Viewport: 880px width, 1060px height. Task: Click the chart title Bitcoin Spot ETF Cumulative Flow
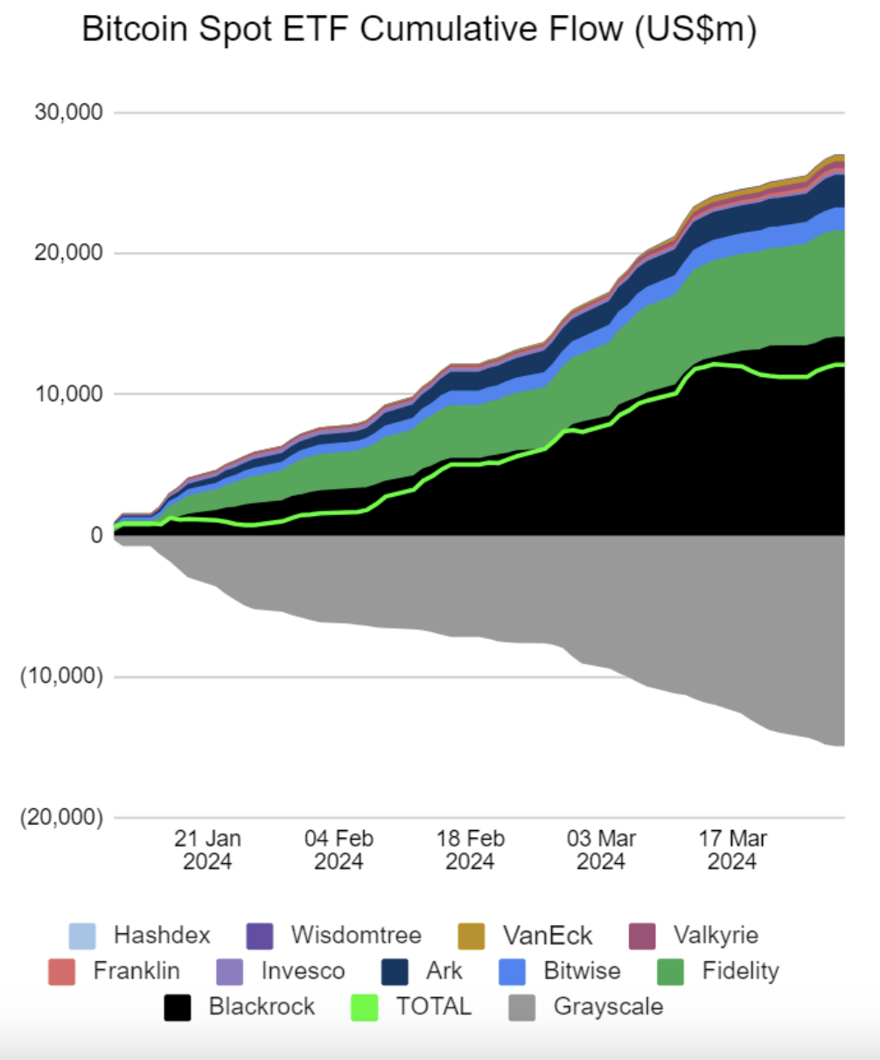coord(418,30)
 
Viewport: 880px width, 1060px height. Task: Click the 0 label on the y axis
coord(96,535)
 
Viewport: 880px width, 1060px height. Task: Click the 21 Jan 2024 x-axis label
coord(207,849)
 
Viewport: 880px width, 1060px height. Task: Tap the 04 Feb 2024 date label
coord(339,849)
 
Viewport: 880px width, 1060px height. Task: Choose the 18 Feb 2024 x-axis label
coord(470,849)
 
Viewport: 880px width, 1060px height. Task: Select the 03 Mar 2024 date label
coord(601,849)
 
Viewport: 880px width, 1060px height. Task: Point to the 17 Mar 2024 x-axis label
coord(732,849)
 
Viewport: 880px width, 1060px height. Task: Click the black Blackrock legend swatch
coord(178,1008)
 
